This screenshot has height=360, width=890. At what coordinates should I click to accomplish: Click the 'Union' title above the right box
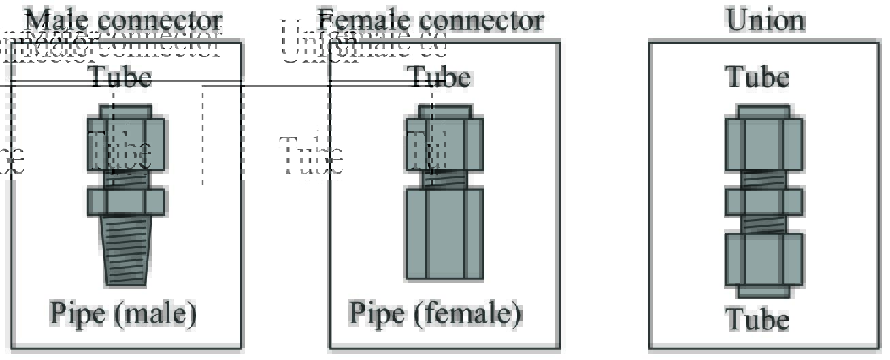point(765,20)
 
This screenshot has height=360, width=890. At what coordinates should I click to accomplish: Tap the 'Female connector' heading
point(431,20)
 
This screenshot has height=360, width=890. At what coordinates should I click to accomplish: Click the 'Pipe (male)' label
point(123,313)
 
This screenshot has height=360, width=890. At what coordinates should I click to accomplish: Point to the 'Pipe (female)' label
point(435,313)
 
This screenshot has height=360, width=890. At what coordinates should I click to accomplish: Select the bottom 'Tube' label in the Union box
point(757,319)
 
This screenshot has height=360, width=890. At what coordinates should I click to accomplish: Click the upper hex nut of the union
point(763,144)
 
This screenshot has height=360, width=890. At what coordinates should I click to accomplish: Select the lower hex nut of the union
point(763,259)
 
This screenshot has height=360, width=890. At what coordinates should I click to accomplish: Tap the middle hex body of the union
point(763,202)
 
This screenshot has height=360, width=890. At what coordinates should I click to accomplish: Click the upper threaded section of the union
point(763,178)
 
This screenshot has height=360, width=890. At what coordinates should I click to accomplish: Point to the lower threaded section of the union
point(763,225)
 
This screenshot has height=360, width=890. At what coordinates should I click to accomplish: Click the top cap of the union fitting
point(763,112)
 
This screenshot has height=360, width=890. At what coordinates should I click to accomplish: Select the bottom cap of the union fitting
point(763,291)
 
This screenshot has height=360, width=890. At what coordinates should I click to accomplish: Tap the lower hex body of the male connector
point(126,202)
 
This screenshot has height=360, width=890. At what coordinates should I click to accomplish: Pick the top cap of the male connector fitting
point(126,112)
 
